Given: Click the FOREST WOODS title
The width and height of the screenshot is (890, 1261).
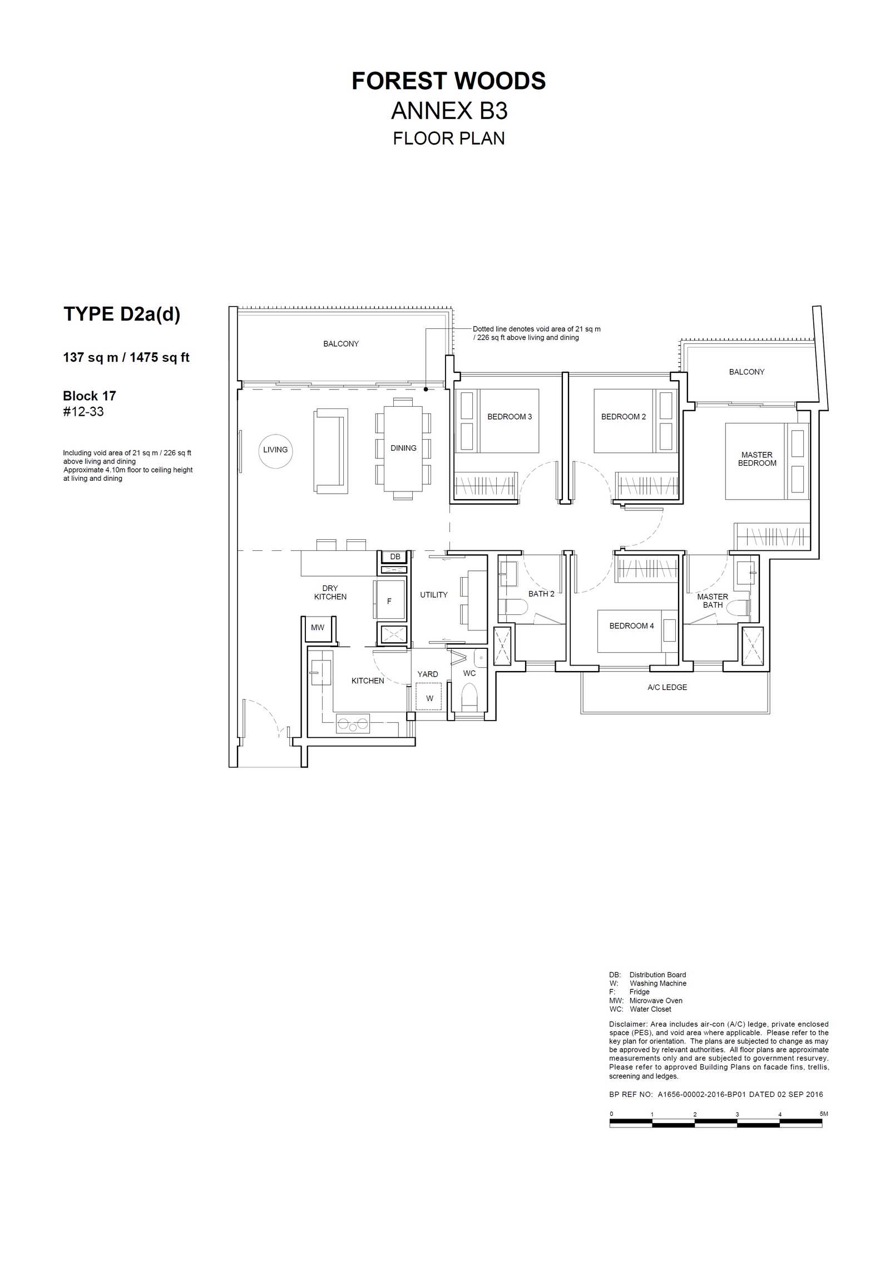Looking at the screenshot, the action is pos(448,81).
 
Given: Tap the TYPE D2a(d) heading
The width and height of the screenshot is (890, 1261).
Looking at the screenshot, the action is pos(122,314).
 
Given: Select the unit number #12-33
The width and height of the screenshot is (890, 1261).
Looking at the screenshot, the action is pos(83,412).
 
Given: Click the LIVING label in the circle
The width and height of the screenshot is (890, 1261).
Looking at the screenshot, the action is pos(275,450).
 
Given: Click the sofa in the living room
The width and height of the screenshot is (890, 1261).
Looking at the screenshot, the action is pos(332,451).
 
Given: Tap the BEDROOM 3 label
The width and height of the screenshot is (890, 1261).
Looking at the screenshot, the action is pos(510,417).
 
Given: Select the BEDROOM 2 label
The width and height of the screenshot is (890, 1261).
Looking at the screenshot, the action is pos(624,417).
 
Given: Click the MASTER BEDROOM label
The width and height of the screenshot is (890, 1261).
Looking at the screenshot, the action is pos(757,459).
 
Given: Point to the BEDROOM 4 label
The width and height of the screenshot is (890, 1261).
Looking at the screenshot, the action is pos(631,626).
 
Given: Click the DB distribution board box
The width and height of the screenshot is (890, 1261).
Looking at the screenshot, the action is pos(395,556).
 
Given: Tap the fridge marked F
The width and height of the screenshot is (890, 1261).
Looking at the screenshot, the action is pos(389,599).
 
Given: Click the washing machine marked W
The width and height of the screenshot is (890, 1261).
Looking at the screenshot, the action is pos(429,697).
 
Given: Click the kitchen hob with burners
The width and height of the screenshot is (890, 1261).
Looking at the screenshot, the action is pos(353,724).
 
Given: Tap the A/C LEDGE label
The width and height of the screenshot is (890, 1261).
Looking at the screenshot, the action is pos(667,687).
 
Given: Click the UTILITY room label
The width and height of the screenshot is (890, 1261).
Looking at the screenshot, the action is pos(434,595).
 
